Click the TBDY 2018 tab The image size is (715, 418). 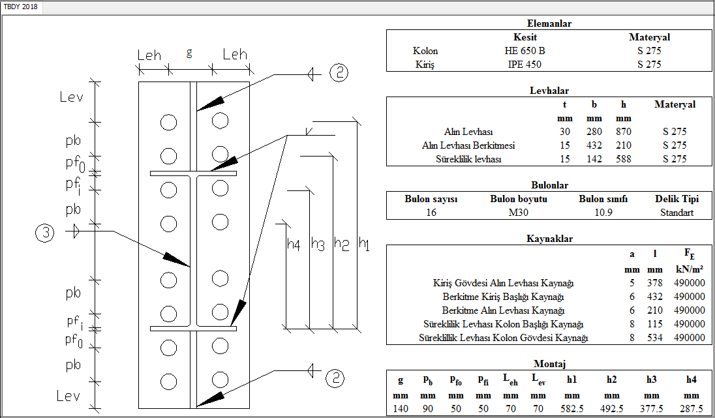click(20, 7)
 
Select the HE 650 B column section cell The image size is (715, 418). click(525, 51)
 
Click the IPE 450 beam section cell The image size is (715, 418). click(525, 64)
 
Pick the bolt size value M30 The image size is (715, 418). click(519, 212)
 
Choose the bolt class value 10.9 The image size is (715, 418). click(603, 212)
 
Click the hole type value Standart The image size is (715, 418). click(675, 212)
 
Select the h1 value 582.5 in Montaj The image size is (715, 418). click(572, 408)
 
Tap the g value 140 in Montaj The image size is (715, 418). click(400, 408)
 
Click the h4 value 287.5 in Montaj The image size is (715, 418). click(691, 408)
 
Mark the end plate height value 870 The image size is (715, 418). click(624, 132)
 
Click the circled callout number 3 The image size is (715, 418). click(44, 232)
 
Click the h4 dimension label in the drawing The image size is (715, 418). click(294, 244)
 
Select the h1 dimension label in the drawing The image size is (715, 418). click(364, 244)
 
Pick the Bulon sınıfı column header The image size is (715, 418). click(603, 199)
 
